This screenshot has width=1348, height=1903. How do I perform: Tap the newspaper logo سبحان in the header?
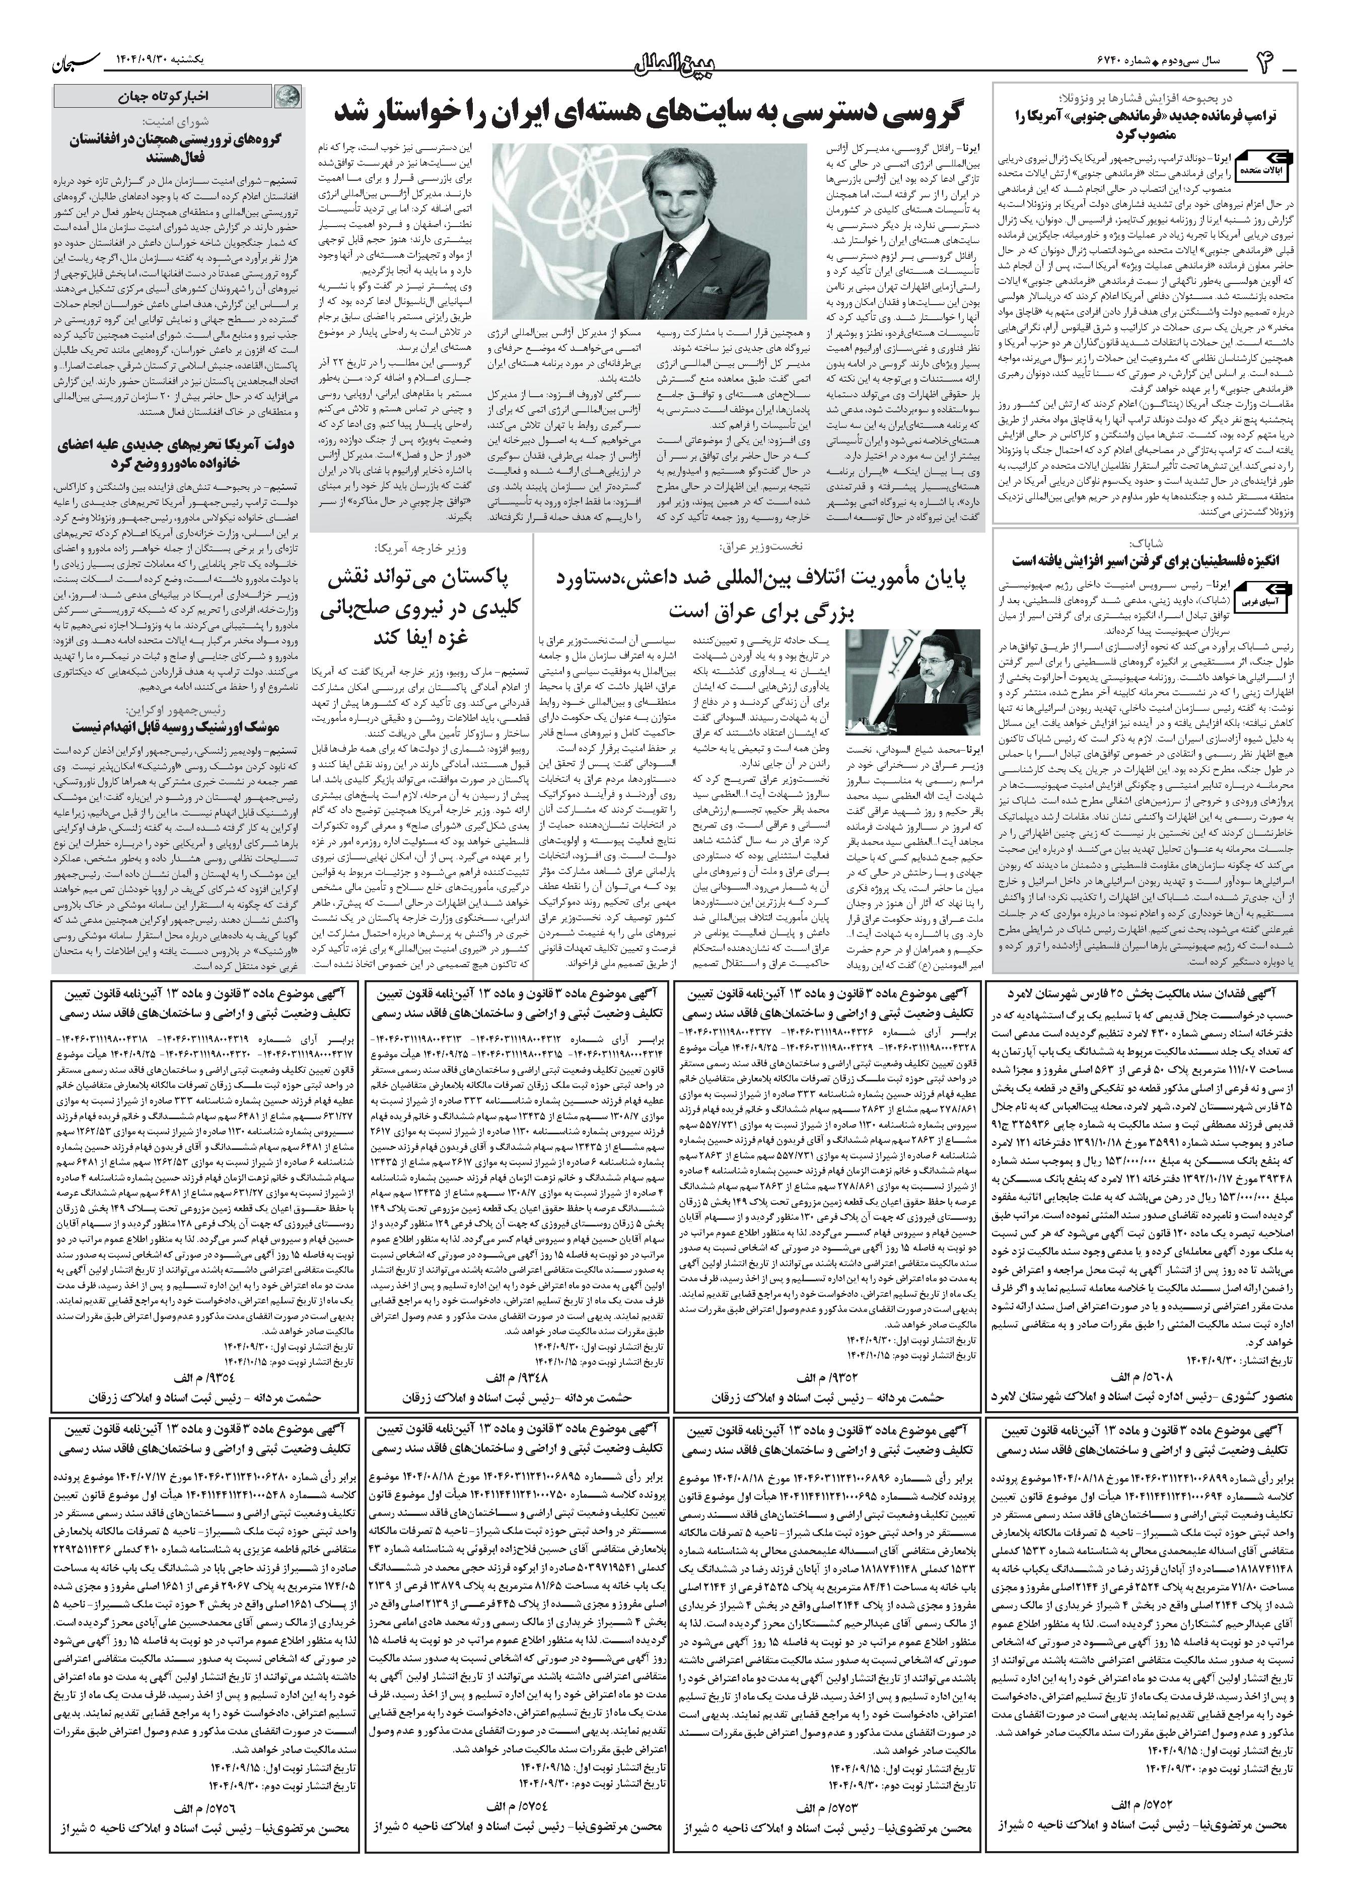click(x=81, y=60)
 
